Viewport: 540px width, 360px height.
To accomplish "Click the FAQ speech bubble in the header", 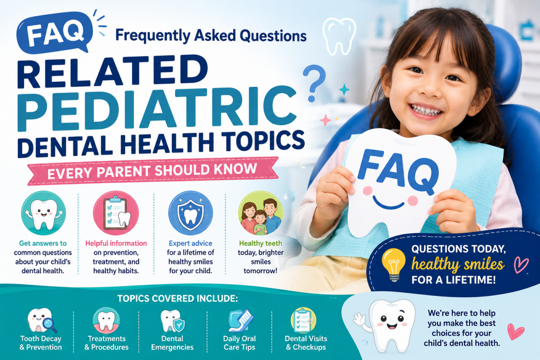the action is click(x=55, y=32).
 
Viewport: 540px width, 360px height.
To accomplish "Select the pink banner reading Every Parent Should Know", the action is click(x=153, y=171).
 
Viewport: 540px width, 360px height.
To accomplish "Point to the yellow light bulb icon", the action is click(x=393, y=265).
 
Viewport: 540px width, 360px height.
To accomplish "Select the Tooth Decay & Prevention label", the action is click(x=41, y=342).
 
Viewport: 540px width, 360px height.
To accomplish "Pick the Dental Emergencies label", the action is click(x=172, y=342).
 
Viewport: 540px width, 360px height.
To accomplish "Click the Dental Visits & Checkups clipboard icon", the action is click(x=303, y=320).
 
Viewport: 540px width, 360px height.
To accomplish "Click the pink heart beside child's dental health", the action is click(x=515, y=331).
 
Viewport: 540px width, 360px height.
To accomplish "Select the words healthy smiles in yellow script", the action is click(x=458, y=264).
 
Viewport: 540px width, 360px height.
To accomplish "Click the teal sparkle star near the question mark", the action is click(x=344, y=90).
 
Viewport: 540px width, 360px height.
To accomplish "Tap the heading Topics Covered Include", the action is click(x=178, y=298).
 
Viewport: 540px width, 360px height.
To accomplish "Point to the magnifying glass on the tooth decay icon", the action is click(x=49, y=324).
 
